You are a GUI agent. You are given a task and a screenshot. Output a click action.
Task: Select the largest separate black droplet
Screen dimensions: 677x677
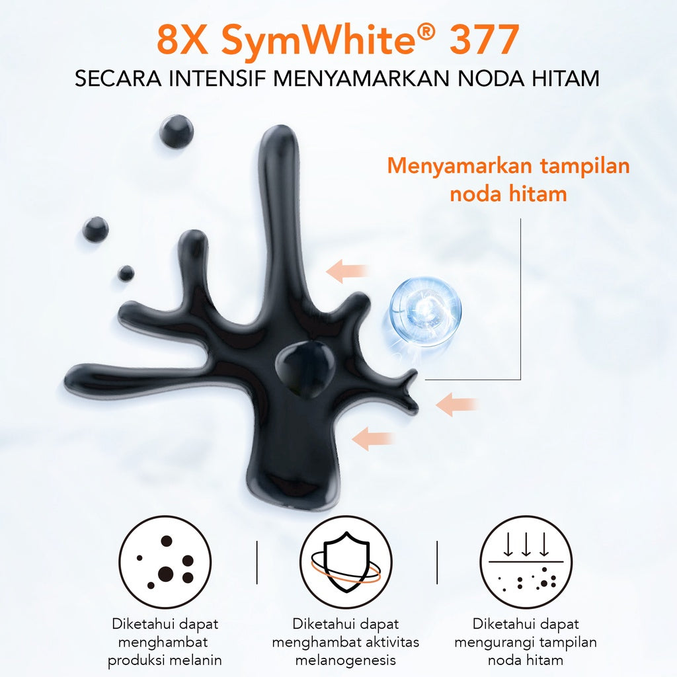177,131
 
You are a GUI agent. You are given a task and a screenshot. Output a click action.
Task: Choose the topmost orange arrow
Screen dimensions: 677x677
346,271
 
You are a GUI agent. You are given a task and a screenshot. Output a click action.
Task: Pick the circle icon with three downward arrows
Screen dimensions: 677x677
526,562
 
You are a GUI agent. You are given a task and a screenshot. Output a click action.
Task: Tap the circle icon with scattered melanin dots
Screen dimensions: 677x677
165,562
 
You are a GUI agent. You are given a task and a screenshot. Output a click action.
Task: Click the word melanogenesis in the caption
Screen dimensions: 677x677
346,660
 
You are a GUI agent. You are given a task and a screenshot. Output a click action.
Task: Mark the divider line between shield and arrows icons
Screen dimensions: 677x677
437,562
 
